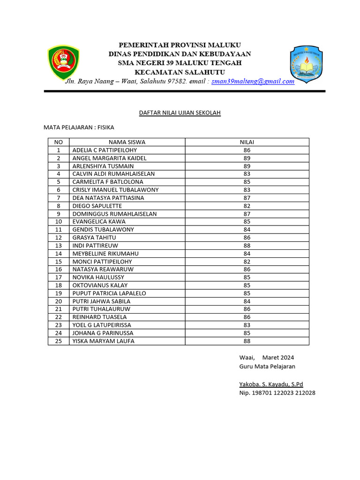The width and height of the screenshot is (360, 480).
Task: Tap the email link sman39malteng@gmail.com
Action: (x=253, y=81)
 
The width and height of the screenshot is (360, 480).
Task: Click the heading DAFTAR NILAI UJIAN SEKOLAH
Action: (x=180, y=113)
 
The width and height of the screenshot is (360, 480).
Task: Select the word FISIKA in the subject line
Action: (x=105, y=127)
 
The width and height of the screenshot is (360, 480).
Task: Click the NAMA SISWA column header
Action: (x=127, y=142)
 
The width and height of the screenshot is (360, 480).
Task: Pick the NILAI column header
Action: (x=247, y=142)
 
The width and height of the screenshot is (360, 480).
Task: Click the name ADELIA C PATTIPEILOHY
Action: (x=105, y=150)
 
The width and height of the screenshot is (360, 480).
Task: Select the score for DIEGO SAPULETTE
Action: (x=247, y=206)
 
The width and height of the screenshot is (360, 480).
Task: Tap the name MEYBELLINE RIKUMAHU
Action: (x=105, y=254)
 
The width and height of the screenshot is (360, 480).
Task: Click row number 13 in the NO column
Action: (x=59, y=246)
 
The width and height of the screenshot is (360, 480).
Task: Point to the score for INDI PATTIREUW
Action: (x=247, y=246)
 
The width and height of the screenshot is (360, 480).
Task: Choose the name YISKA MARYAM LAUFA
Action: (x=103, y=341)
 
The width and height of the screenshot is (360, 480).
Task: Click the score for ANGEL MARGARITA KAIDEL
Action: (x=247, y=158)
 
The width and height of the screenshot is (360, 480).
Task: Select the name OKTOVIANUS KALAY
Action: (x=100, y=285)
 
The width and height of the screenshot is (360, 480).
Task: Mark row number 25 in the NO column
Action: (x=59, y=341)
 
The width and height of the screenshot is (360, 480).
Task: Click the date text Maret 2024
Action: (x=278, y=358)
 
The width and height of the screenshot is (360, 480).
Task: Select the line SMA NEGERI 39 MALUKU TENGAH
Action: (x=180, y=63)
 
